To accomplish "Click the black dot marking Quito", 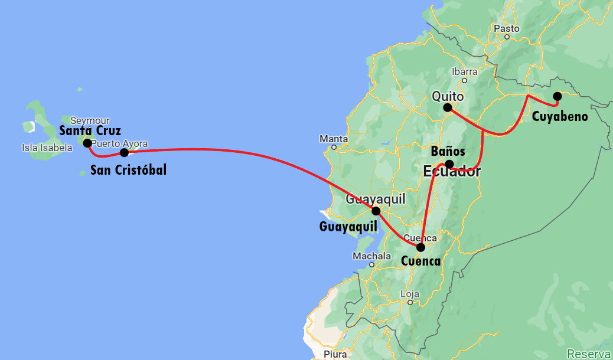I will tap(448, 107).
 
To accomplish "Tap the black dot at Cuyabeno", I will tap(557, 96).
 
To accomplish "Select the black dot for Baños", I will tap(449, 164).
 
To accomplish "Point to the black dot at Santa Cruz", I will tap(87, 143).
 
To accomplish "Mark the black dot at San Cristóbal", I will tap(124, 153).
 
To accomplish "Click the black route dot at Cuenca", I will tap(420, 247).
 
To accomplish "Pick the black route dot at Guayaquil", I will tap(376, 211).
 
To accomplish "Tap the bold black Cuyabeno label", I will tap(560, 116).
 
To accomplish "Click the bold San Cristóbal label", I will tap(128, 171).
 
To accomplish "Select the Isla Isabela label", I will tap(47, 148).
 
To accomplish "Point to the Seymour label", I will tap(90, 120).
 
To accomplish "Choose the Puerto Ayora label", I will tap(120, 143).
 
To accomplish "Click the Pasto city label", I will tap(507, 28).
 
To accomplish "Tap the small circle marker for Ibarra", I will tap(465, 80).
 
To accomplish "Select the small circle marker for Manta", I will tap(334, 147).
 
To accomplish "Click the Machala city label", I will tap(371, 256).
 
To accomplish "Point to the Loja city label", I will tap(409, 294).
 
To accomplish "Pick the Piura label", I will tap(335, 354).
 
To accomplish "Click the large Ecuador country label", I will tap(452, 172).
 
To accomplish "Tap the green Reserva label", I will tap(589, 354).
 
